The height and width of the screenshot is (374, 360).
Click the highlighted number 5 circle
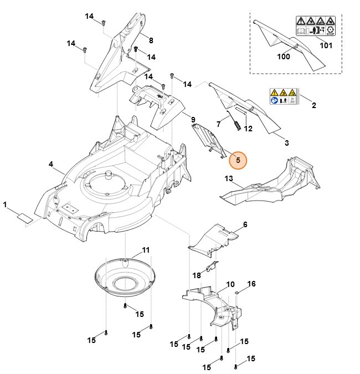[x=238, y=160]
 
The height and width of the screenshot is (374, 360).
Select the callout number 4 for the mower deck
[x=51, y=164]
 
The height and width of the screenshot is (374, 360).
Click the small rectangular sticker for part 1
[x=24, y=218]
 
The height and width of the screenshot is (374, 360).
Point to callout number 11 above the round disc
[x=146, y=250]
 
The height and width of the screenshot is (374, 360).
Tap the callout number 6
[x=245, y=224]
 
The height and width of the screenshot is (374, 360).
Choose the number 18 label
[x=197, y=275]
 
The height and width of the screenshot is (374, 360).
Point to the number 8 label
[x=151, y=40]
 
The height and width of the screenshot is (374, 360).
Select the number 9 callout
[x=193, y=120]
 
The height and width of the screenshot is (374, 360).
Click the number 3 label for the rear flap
[x=286, y=143]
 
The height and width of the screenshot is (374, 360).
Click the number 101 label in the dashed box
[x=326, y=45]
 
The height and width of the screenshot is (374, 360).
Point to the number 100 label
[x=284, y=56]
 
